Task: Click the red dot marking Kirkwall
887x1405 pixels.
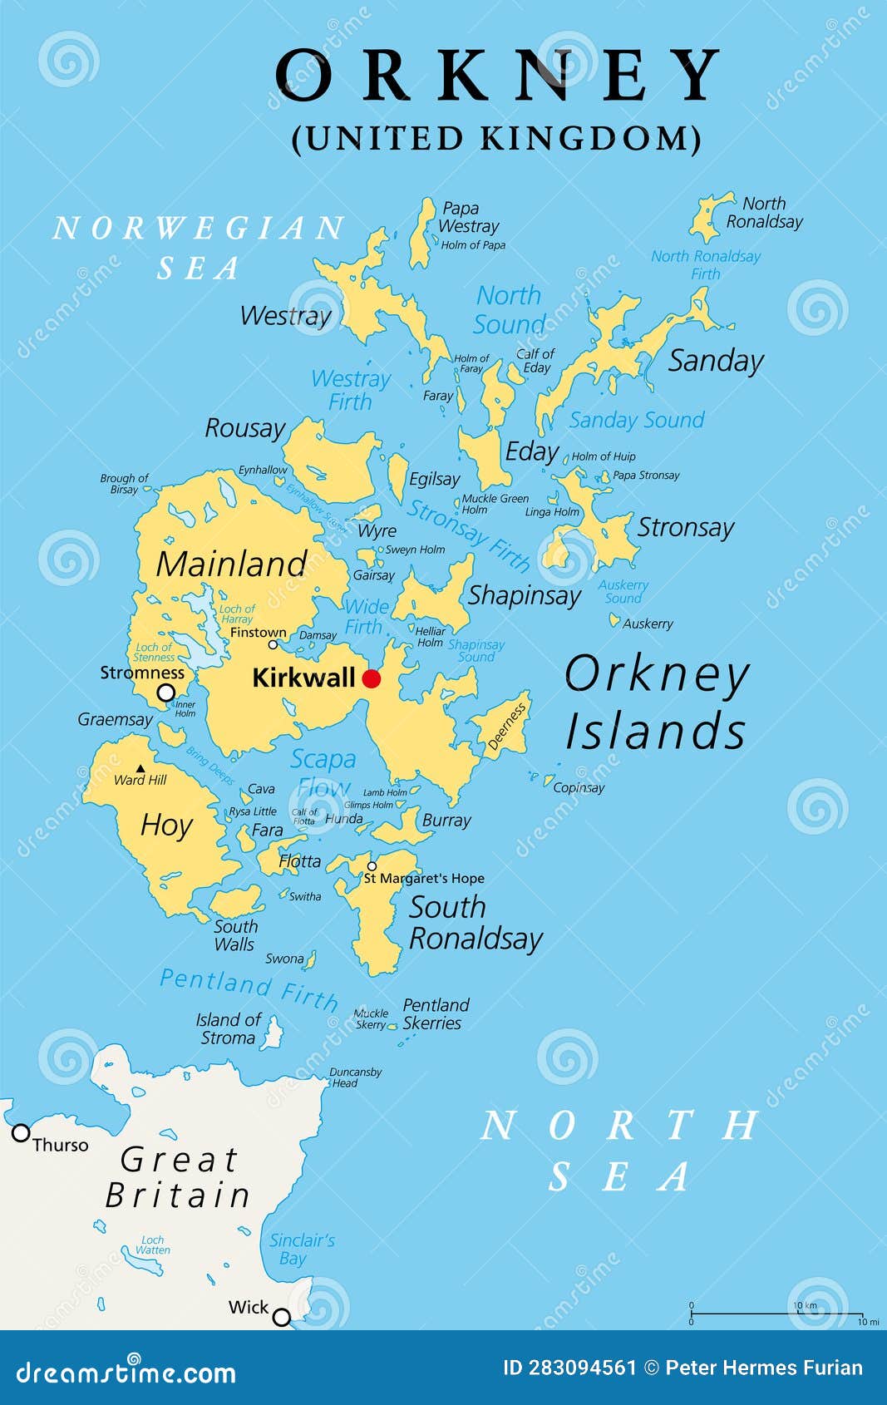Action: click(372, 678)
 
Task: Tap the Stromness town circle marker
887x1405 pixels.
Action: click(166, 693)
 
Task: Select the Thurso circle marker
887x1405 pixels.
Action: click(21, 1132)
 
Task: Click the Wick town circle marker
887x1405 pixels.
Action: click(282, 1316)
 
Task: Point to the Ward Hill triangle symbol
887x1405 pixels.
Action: click(140, 768)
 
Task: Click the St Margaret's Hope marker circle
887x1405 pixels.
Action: click(372, 866)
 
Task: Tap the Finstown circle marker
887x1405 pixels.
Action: click(273, 644)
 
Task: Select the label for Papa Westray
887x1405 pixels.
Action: click(468, 217)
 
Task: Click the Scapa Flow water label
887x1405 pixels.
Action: click(323, 772)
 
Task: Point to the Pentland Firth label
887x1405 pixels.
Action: click(249, 987)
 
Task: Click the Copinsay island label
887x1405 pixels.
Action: click(579, 787)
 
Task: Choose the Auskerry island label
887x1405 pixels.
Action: click(648, 624)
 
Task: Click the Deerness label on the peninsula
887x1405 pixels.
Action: click(506, 727)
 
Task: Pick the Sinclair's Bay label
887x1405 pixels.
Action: click(301, 1249)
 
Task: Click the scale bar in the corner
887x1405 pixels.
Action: click(778, 1314)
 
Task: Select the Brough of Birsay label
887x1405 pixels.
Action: click(124, 484)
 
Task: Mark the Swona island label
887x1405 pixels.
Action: click(284, 959)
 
